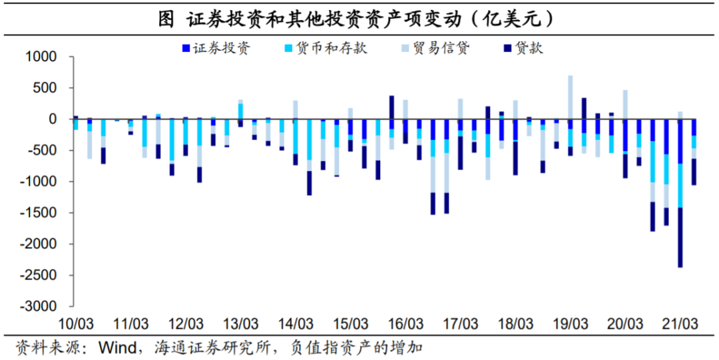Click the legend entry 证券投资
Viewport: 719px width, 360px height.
point(220,49)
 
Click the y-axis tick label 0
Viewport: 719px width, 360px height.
point(56,119)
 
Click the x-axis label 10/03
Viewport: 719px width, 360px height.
point(76,324)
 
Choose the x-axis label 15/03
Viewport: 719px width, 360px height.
point(351,324)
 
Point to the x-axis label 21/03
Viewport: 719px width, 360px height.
point(680,324)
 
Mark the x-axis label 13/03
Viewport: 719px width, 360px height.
point(240,324)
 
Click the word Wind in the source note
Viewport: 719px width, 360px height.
point(117,347)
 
